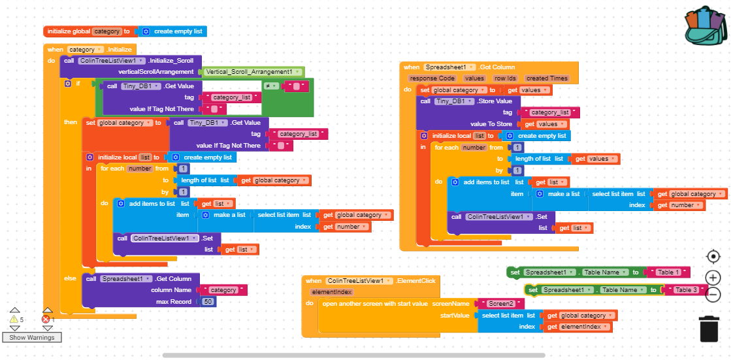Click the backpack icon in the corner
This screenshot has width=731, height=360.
pyautogui.click(x=705, y=27)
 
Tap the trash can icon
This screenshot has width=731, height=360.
pyautogui.click(x=709, y=328)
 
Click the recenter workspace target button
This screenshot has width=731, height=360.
pyautogui.click(x=713, y=256)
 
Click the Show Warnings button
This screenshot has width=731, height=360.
pyautogui.click(x=31, y=337)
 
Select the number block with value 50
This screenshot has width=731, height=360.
pyautogui.click(x=208, y=301)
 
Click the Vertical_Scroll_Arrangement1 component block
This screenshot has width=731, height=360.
pyautogui.click(x=252, y=72)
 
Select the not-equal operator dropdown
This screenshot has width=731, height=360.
pyautogui.click(x=271, y=86)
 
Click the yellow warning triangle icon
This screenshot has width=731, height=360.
pyautogui.click(x=13, y=319)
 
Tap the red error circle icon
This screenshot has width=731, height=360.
pyautogui.click(x=46, y=319)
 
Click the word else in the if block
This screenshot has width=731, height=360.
pyautogui.click(x=69, y=278)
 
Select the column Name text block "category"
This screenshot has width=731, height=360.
pyautogui.click(x=223, y=290)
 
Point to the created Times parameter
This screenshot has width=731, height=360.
pyautogui.click(x=547, y=78)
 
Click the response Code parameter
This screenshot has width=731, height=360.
pyautogui.click(x=432, y=78)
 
